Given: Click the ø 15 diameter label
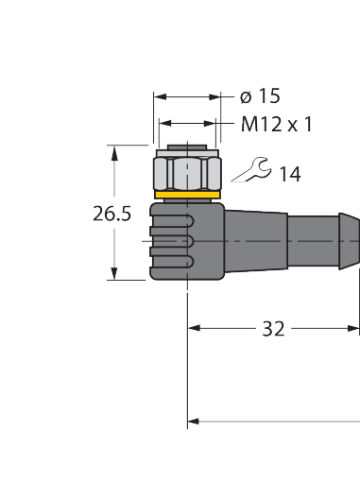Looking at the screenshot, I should pyautogui.click(x=260, y=96).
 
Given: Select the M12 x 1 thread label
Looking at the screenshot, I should pyautogui.click(x=276, y=124).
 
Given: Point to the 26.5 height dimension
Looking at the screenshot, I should pyautogui.click(x=111, y=213).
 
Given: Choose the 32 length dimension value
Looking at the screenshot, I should pyautogui.click(x=273, y=329).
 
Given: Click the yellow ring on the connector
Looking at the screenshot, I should pyautogui.click(x=186, y=197).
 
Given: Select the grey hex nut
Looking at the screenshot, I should pyautogui.click(x=186, y=171).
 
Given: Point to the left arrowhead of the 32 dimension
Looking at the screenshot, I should pyautogui.click(x=195, y=329).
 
